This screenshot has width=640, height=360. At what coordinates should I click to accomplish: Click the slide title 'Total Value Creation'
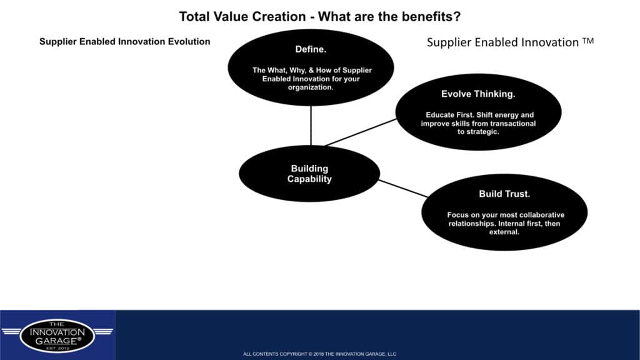pos(242,17)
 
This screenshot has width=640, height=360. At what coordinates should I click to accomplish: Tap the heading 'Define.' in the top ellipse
pos(311,49)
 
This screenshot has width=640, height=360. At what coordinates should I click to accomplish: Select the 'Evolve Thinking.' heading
pos(478,94)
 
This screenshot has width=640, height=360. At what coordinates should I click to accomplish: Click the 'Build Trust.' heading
pos(504,194)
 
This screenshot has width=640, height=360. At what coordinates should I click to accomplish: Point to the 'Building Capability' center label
pos(309,174)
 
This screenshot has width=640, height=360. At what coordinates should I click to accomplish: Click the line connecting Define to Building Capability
pos(311,126)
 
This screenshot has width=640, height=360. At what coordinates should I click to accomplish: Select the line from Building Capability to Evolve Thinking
pos(361,132)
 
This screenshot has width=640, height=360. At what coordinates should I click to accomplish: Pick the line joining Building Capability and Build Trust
pos(403,189)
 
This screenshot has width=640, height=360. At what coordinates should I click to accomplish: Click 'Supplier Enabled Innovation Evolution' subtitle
pos(124,42)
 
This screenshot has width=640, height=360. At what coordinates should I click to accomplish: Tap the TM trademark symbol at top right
pos(587,41)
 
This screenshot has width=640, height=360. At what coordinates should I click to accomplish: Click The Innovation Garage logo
pos(57,336)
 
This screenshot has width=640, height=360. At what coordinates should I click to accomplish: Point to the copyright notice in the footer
pos(319,354)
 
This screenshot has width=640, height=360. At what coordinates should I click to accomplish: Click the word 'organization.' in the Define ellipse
pos(310,87)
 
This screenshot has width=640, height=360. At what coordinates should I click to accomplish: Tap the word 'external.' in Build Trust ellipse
pos(504,232)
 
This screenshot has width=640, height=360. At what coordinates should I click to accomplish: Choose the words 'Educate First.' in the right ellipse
pos(450,115)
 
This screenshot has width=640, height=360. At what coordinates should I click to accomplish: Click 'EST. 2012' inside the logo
pos(57,348)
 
